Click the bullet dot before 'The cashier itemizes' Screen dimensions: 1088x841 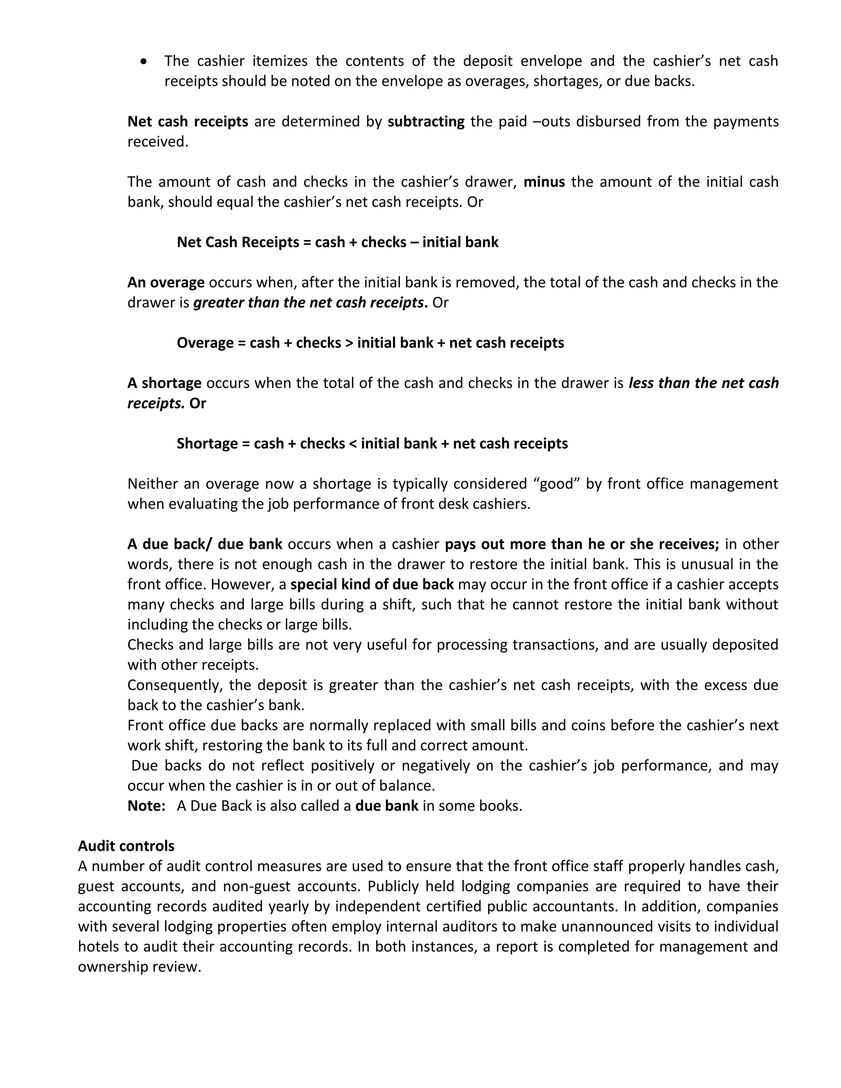(144, 62)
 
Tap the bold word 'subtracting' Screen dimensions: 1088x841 (426, 122)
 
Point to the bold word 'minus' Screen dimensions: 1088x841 (544, 182)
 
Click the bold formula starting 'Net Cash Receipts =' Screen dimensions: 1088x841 (337, 242)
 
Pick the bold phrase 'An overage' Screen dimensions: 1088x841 (166, 282)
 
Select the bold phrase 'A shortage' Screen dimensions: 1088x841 (164, 383)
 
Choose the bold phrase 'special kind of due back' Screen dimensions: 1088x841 (372, 584)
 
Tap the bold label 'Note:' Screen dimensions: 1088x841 (147, 806)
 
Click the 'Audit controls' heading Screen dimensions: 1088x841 (126, 846)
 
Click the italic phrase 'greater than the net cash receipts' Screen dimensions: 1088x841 (308, 303)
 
